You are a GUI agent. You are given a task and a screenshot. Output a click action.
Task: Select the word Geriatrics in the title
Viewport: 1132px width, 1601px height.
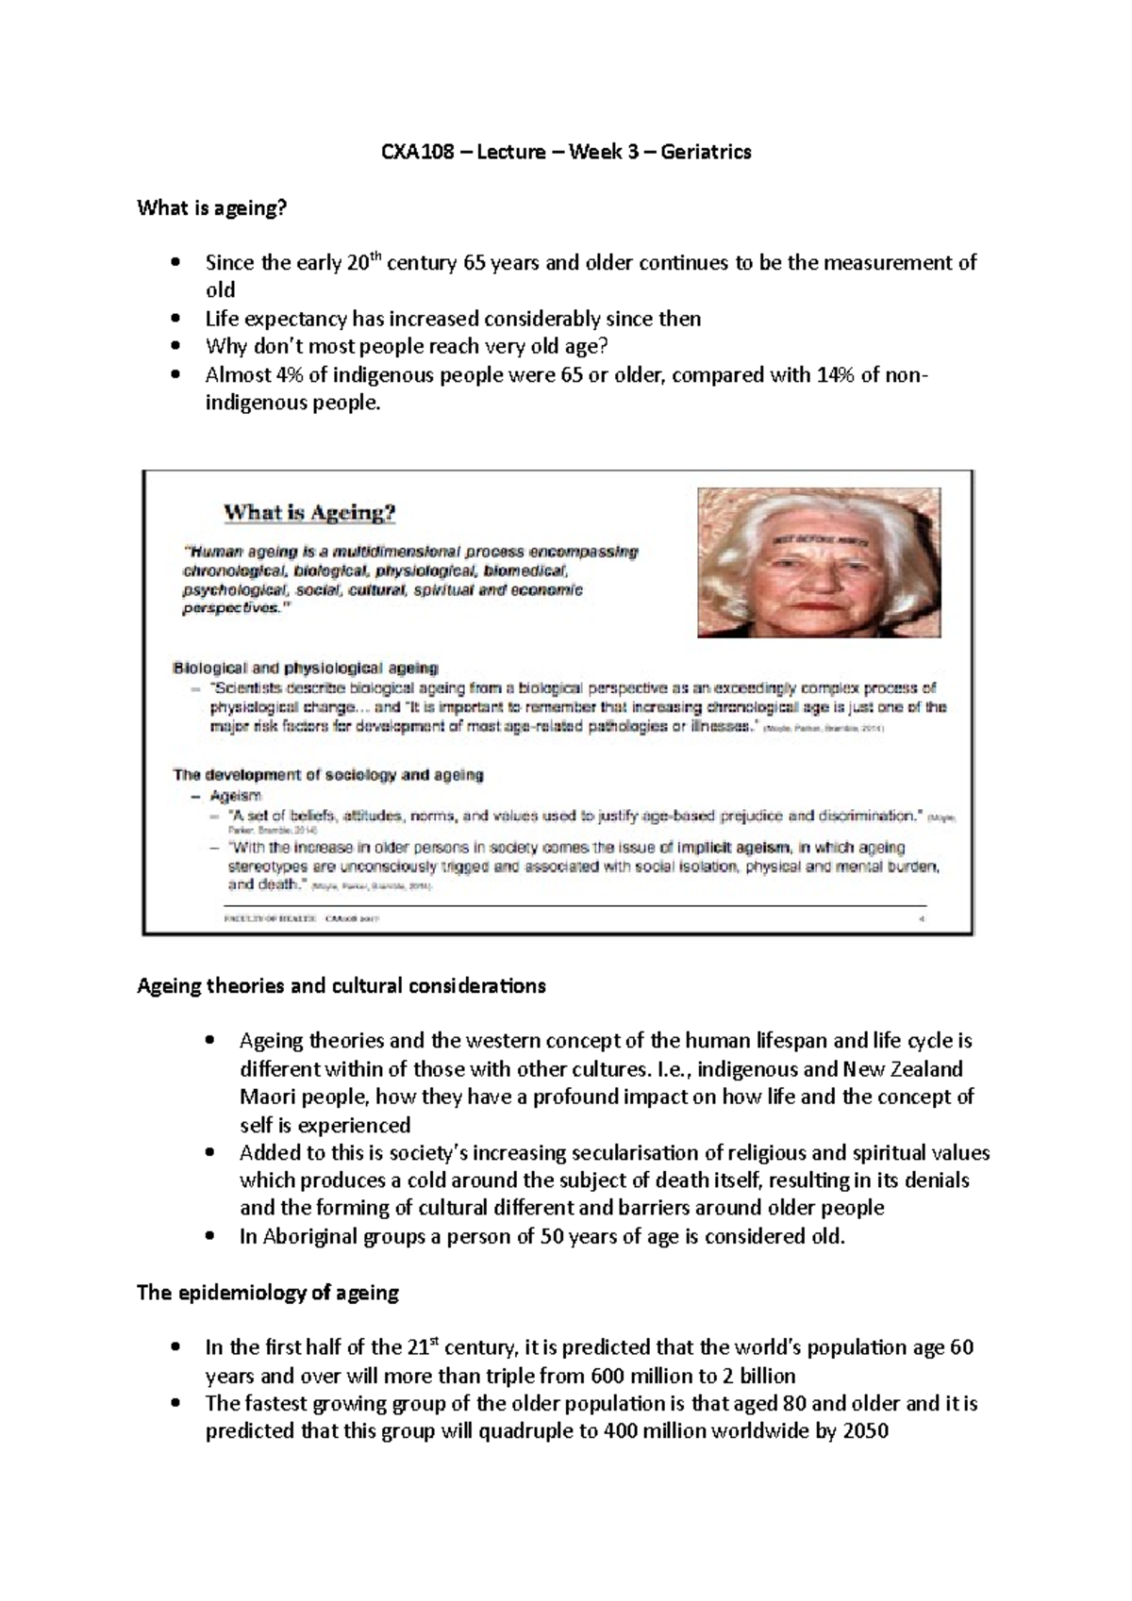point(707,152)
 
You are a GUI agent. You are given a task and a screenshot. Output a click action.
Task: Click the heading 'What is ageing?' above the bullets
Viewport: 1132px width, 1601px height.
point(210,207)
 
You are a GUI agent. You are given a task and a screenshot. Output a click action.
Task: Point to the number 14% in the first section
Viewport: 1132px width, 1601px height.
point(819,374)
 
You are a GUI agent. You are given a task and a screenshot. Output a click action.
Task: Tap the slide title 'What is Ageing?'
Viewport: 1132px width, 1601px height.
point(309,513)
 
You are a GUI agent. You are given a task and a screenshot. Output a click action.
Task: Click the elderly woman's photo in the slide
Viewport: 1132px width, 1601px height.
point(819,562)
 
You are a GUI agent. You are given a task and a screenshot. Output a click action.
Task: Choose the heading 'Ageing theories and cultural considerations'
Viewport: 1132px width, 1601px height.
point(341,986)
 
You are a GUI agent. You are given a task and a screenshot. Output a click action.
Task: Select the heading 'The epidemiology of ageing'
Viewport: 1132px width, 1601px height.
point(268,1293)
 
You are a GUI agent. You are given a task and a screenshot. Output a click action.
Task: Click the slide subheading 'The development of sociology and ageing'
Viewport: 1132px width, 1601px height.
point(328,775)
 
